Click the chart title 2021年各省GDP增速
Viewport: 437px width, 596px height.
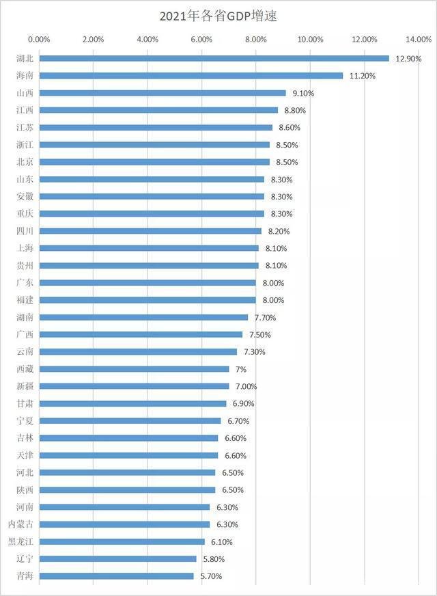tap(218, 14)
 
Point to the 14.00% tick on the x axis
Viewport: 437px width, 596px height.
tap(418, 39)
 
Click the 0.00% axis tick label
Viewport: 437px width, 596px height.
tap(39, 39)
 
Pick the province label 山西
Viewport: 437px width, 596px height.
tap(25, 93)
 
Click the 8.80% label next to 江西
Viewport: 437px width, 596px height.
tap(295, 110)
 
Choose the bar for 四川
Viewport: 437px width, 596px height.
tap(150, 231)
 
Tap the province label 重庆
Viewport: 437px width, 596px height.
tap(25, 214)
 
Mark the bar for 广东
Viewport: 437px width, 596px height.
tap(147, 283)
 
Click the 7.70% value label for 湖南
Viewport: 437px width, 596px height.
tap(265, 318)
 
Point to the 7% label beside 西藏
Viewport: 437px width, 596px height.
tap(241, 369)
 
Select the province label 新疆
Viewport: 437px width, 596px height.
tap(25, 386)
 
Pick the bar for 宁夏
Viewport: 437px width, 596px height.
tap(130, 421)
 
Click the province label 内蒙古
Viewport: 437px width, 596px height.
tap(21, 524)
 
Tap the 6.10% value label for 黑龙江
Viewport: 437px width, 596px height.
tap(221, 542)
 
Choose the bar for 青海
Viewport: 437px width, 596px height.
tap(116, 576)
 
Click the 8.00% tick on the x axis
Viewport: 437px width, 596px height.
tap(255, 39)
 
